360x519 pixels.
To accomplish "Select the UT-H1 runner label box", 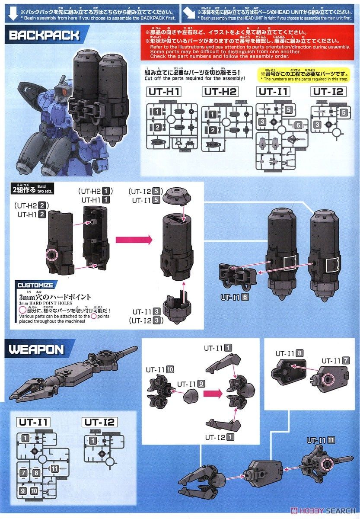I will click(165, 92).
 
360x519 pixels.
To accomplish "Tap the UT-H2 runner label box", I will click(220, 92).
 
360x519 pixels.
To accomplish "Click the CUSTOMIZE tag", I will click(35, 285).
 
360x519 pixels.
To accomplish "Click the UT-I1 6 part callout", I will click(235, 298).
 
